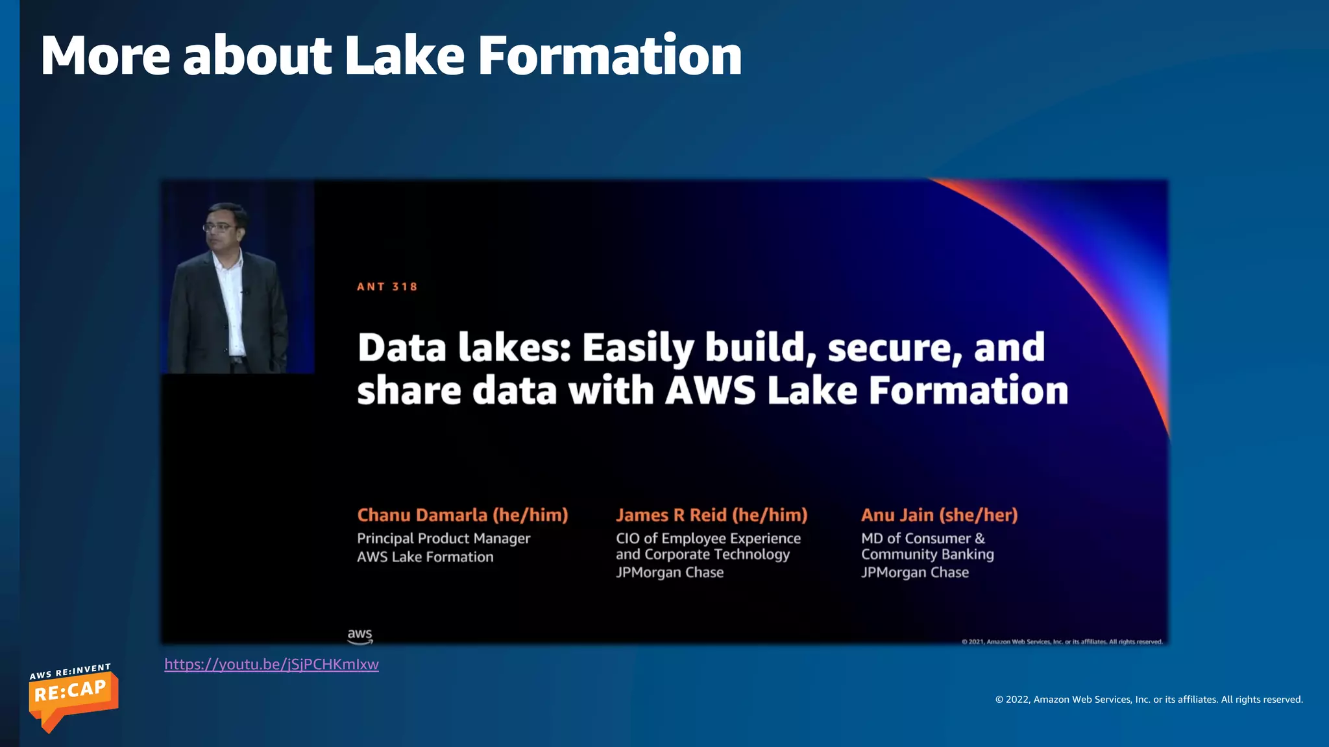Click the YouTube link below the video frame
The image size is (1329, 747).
point(271,664)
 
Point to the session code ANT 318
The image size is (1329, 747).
point(387,287)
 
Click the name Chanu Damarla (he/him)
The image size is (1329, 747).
point(462,515)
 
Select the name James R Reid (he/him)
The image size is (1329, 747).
point(711,515)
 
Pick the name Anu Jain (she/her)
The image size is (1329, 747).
point(939,515)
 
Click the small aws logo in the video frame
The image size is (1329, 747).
point(360,636)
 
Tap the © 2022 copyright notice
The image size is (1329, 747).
point(1149,699)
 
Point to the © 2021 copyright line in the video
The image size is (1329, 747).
point(1062,641)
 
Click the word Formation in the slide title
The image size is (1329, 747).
point(609,56)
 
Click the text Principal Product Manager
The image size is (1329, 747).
point(443,538)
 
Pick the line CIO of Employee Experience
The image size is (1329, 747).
point(708,538)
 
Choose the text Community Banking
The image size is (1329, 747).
point(927,554)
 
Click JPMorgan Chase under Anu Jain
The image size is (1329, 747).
point(915,573)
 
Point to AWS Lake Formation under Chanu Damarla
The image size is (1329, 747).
point(425,557)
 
